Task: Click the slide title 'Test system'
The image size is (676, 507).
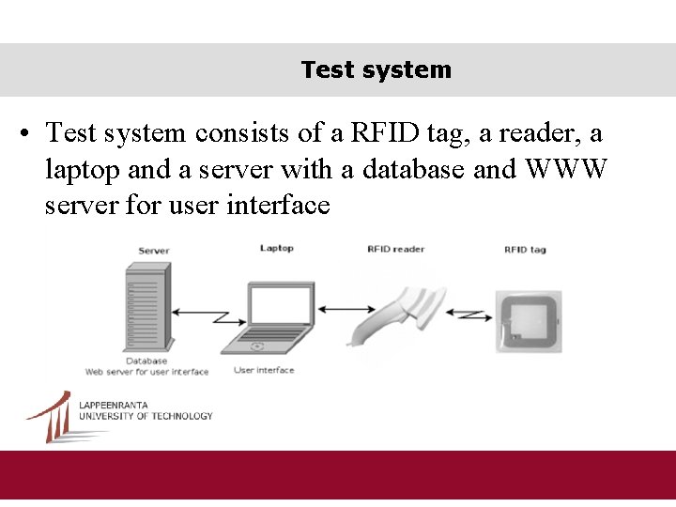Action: tap(376, 69)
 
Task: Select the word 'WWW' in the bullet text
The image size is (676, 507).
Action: tap(569, 169)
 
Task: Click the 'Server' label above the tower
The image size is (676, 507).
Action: tap(154, 251)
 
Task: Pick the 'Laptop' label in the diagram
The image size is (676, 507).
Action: tap(277, 248)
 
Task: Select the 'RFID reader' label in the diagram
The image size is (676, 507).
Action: tap(395, 249)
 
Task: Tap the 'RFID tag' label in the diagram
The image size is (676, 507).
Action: tap(524, 249)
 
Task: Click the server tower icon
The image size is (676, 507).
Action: tap(146, 306)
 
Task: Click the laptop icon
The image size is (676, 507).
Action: tap(278, 315)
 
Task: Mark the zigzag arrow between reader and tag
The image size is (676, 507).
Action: tap(467, 314)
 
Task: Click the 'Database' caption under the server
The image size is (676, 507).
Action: tap(146, 361)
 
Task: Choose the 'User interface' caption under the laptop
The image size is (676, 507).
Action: tap(264, 370)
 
